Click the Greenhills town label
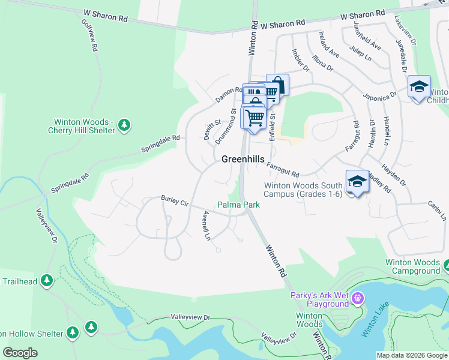243,159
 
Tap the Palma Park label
238,205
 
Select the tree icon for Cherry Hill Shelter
124,125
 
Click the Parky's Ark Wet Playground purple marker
358,298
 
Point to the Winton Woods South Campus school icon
357,181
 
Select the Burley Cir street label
175,201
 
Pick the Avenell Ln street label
206,225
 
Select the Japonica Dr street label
379,95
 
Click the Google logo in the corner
20,352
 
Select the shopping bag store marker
277,84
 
